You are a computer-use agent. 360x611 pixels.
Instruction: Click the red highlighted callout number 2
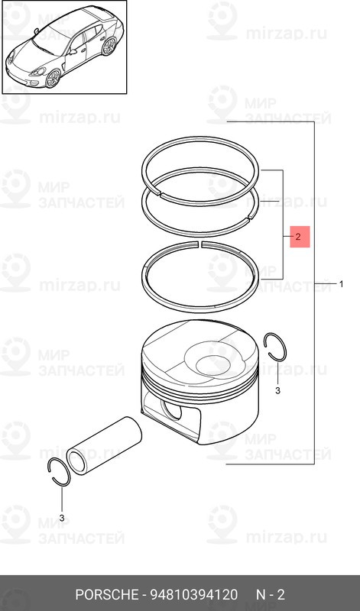tap(299, 237)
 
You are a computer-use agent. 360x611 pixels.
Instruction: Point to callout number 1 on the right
tap(342, 284)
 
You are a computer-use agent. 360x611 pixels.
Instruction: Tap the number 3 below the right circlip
tap(277, 391)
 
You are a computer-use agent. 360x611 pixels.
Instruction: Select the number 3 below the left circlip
tap(62, 518)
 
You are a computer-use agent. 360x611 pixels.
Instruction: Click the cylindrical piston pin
tap(104, 445)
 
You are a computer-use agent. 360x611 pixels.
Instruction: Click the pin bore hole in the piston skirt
tap(172, 409)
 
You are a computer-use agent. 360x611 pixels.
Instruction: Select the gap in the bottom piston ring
tap(199, 244)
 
